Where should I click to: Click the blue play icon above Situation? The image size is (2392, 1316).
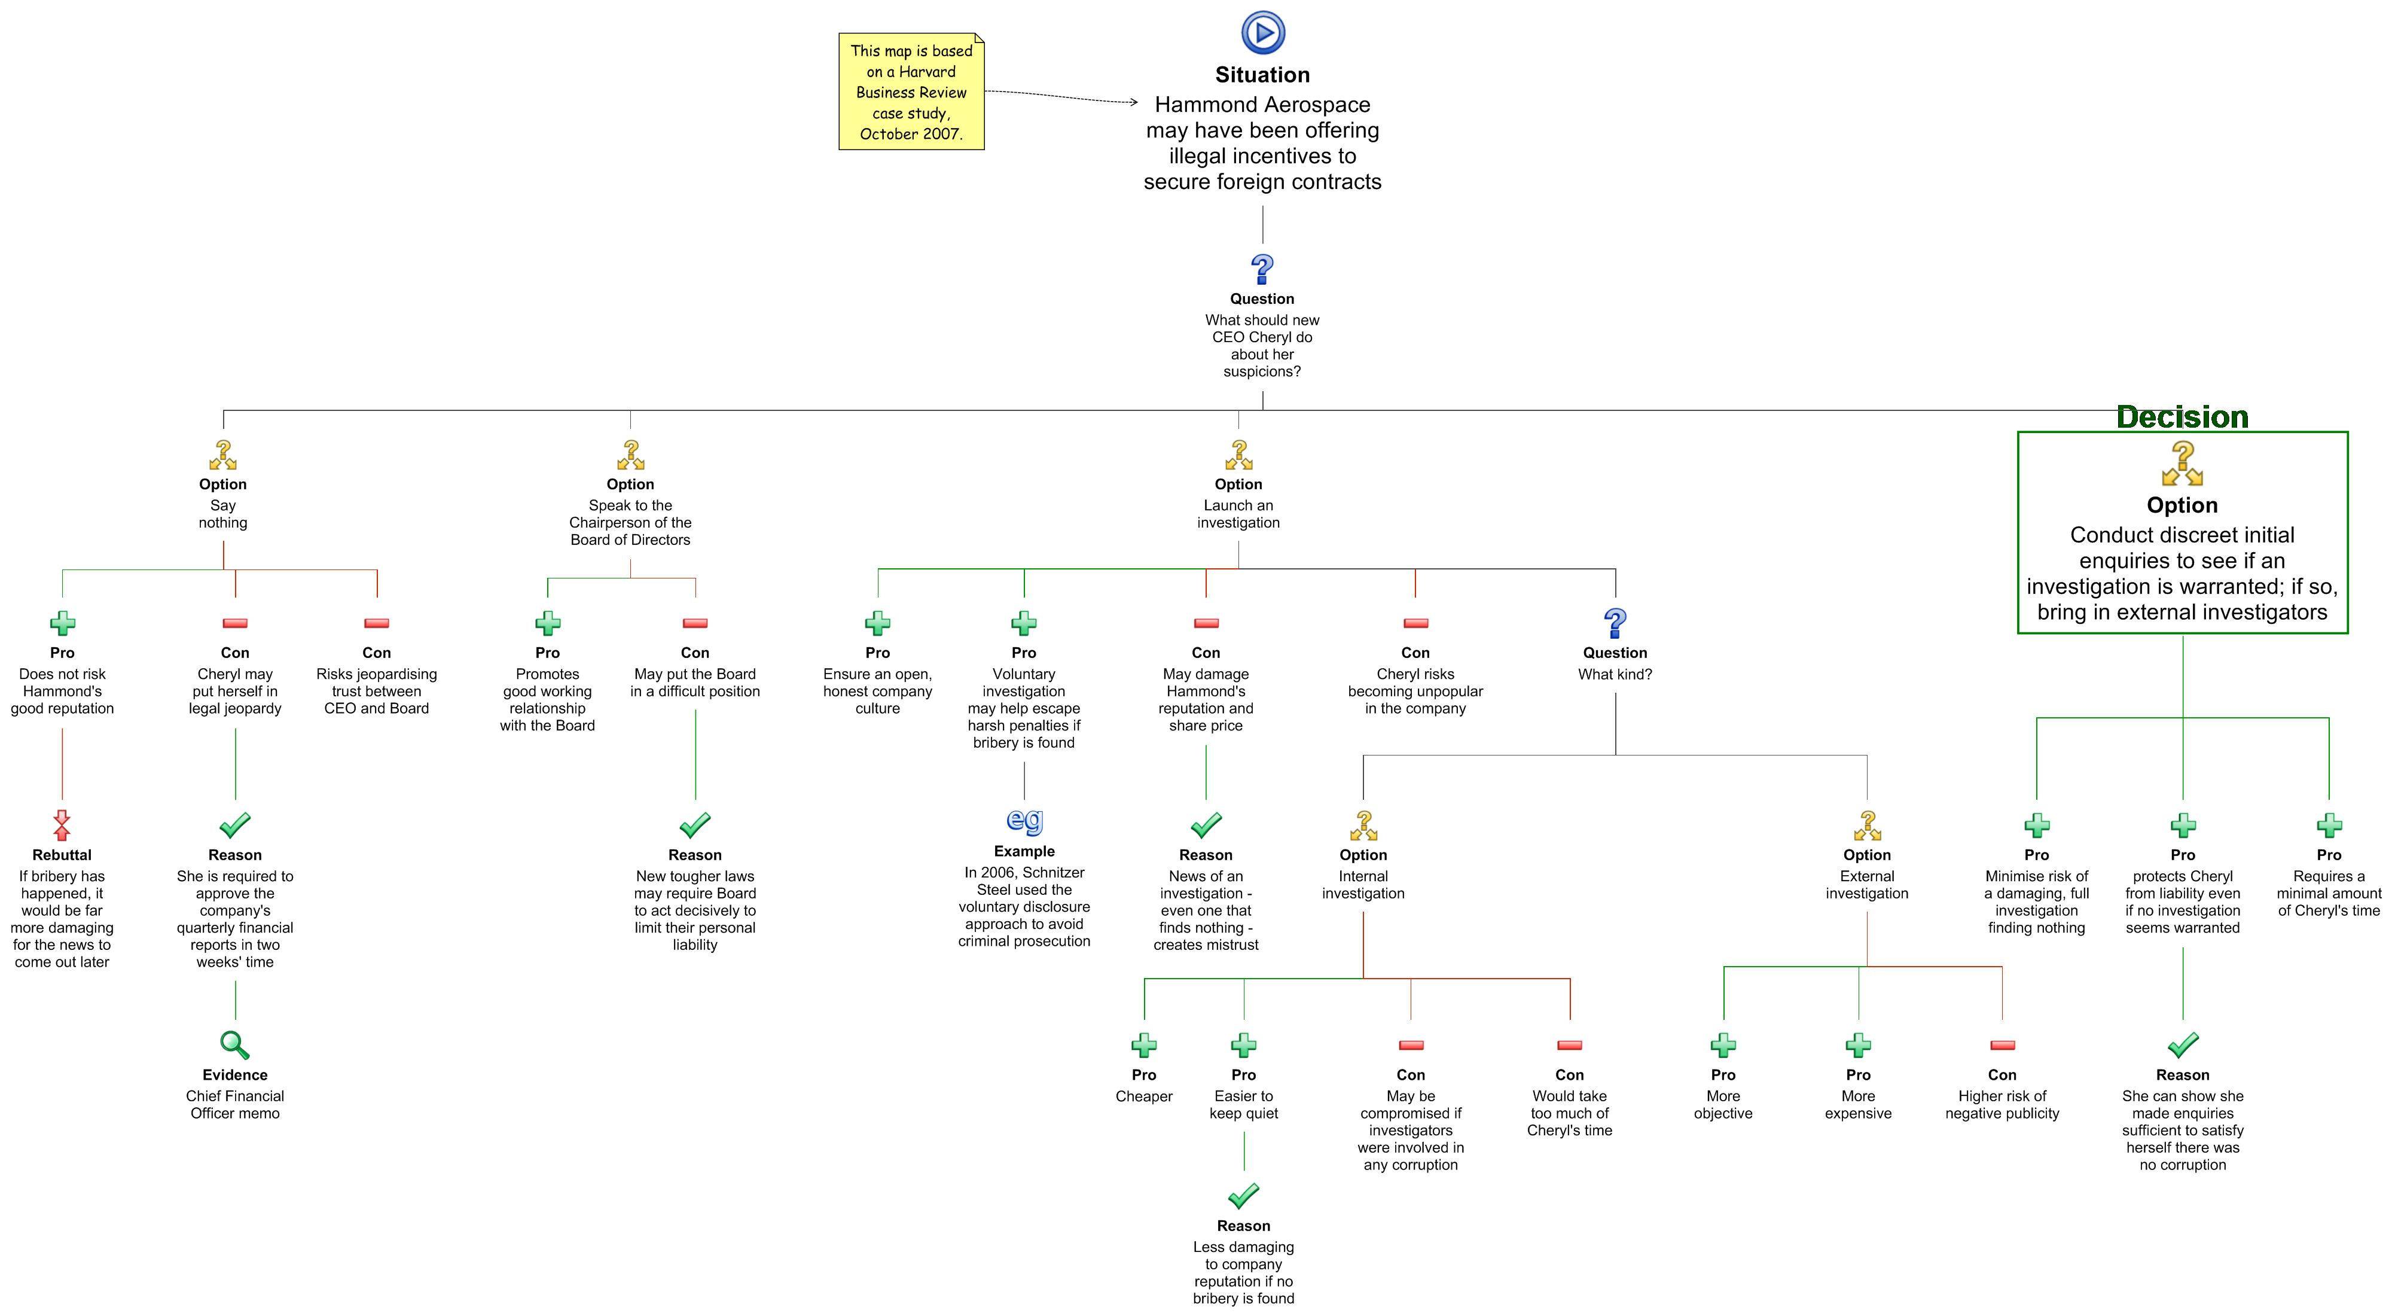click(x=1263, y=32)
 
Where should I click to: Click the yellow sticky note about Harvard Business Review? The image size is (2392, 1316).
click(x=911, y=91)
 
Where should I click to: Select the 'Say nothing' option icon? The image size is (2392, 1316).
click(x=223, y=455)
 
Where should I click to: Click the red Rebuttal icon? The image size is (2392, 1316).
click(x=62, y=825)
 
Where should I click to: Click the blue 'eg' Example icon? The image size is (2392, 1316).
click(x=1025, y=821)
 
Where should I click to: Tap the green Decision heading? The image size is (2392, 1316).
click(x=2182, y=417)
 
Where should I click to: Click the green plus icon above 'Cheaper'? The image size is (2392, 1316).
click(x=1144, y=1046)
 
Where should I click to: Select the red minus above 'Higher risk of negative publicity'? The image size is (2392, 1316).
click(x=2003, y=1046)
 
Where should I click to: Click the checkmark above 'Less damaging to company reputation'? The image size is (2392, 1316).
click(x=1243, y=1195)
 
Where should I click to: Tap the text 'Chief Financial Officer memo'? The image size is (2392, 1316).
click(x=235, y=1104)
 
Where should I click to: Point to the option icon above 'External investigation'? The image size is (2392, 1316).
click(x=1868, y=825)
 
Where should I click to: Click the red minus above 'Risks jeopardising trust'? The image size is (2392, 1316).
click(x=377, y=623)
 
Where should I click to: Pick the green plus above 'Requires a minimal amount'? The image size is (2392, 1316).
click(x=2329, y=825)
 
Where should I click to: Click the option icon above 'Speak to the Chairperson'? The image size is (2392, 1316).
click(x=630, y=455)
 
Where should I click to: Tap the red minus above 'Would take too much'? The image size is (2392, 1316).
click(x=1570, y=1046)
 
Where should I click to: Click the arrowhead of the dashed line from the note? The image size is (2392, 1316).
click(x=1135, y=102)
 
